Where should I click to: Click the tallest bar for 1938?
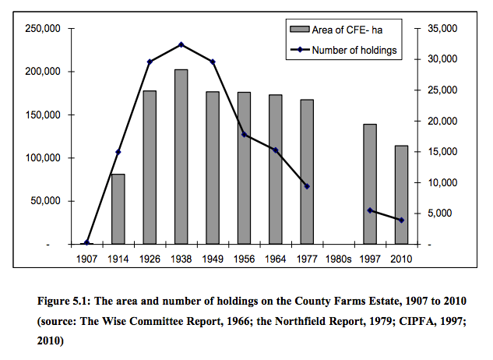tap(181, 156)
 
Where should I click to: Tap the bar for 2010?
tap(401, 195)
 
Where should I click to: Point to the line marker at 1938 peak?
tap(181, 44)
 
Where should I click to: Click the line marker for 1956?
tap(244, 135)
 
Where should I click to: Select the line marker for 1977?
tap(307, 186)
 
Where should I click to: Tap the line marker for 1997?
tap(370, 210)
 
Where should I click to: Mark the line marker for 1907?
tap(87, 243)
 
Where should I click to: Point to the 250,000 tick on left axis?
tap(44, 29)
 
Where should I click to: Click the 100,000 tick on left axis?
tap(44, 158)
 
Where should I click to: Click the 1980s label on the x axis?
tap(338, 257)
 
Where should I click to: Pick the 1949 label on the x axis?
tap(213, 257)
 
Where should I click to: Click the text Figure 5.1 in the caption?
tap(67, 301)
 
